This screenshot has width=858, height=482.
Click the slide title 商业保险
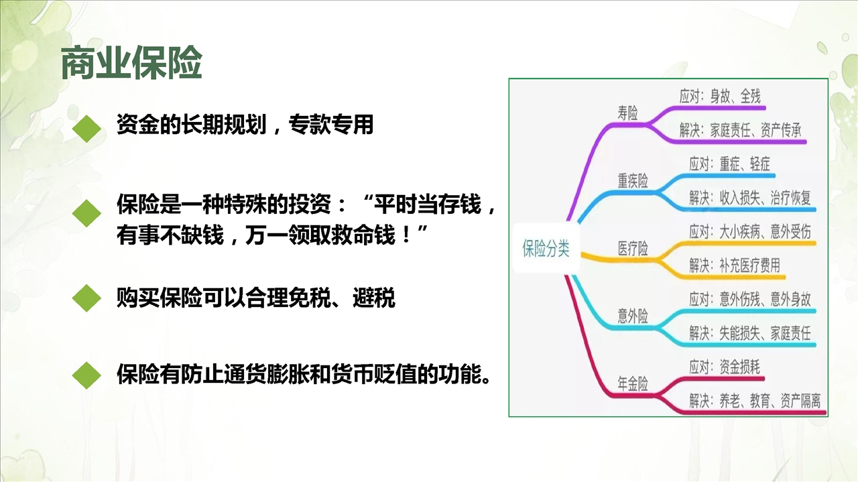click(131, 62)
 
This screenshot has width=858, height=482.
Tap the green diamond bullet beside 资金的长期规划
click(86, 129)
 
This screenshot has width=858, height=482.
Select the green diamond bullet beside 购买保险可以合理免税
click(86, 298)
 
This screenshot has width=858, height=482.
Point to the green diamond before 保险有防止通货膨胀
click(86, 375)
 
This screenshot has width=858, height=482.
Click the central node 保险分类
click(546, 248)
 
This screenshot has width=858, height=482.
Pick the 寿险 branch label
click(627, 113)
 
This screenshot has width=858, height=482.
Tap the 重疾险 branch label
click(632, 180)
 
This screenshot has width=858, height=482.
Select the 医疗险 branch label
click(632, 248)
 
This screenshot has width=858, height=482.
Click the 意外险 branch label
click(632, 316)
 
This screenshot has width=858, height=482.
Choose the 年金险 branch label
click(632, 383)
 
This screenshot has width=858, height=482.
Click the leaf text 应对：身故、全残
click(720, 96)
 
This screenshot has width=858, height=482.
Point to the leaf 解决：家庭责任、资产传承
click(741, 130)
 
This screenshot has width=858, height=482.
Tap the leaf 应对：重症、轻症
click(730, 164)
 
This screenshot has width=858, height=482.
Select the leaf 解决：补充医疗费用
click(735, 265)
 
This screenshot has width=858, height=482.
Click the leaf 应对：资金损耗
click(725, 367)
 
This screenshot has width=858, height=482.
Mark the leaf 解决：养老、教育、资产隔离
click(755, 401)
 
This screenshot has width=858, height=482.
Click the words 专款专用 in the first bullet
click(331, 125)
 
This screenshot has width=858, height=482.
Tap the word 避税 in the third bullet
click(374, 298)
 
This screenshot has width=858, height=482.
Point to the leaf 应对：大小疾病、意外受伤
click(750, 231)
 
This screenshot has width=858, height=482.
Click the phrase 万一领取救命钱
click(320, 235)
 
